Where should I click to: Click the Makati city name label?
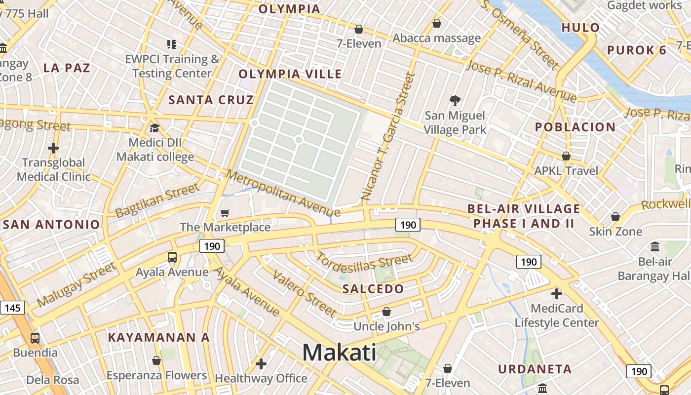pos(339,353)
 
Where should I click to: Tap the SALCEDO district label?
pos(373,289)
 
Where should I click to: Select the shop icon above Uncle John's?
pos(386,312)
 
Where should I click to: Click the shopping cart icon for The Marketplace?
pos(225,213)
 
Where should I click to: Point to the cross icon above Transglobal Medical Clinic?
pos(53,148)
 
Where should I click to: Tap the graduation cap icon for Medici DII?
pos(154,128)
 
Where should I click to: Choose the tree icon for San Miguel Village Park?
pos(455,101)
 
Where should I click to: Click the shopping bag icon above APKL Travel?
pos(566,156)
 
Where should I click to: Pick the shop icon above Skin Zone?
pos(615,217)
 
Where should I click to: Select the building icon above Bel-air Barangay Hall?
pos(655,246)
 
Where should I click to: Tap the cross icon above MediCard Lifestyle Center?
pos(557,294)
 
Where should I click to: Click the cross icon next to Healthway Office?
pos(261,364)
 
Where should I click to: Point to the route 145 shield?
pos(12,308)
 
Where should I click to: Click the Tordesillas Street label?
pos(364,266)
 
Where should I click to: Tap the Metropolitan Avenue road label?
pos(283,194)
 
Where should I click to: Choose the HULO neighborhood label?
pos(580,28)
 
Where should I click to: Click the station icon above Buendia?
pos(35,338)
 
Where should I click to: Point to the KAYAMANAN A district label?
pos(159,338)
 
